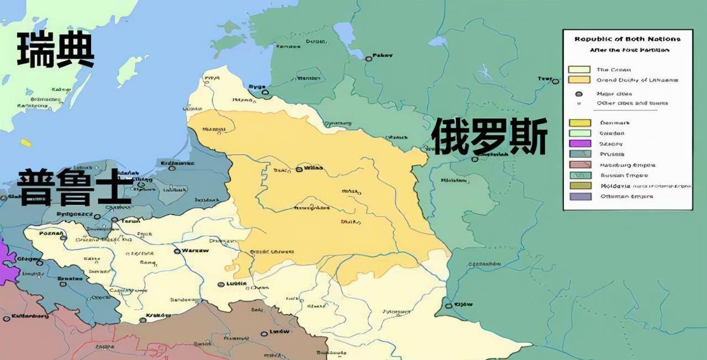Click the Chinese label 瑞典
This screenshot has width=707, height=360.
55,50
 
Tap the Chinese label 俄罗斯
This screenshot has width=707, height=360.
489,137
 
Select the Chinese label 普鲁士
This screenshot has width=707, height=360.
75,188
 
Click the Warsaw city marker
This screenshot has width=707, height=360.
177,251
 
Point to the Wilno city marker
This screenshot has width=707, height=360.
299,169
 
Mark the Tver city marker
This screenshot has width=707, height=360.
555,81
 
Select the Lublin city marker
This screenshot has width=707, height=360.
221,285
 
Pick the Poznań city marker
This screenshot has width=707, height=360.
64,238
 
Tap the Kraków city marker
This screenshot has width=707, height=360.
143,319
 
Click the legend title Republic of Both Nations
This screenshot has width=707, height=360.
627,39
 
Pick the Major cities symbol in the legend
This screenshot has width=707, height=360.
579,94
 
